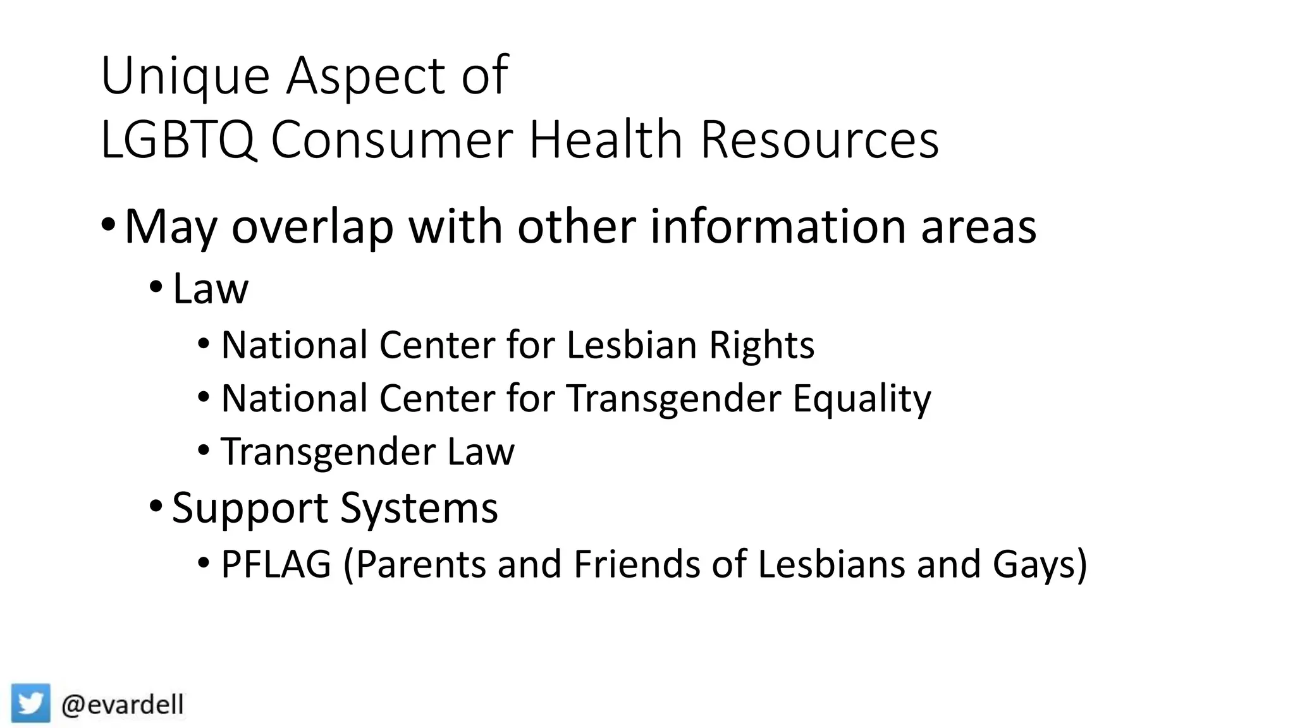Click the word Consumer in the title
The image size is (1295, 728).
click(x=392, y=140)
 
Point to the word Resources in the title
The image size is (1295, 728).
click(x=819, y=140)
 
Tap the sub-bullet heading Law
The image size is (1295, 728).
click(x=211, y=289)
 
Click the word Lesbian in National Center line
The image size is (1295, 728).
click(x=632, y=345)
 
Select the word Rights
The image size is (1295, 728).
click(x=761, y=346)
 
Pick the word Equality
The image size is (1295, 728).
click(x=861, y=399)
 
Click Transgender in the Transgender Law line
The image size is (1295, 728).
click(x=328, y=452)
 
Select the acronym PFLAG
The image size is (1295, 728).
click(x=276, y=564)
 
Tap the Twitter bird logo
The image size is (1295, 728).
click(x=30, y=703)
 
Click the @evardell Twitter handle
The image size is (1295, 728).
click(x=123, y=704)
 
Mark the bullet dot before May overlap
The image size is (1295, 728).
click(x=108, y=224)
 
